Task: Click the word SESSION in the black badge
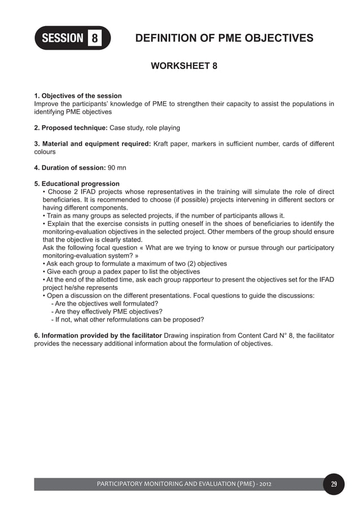(x=62, y=38)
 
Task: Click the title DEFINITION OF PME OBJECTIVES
(x=225, y=38)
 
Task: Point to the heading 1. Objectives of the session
(x=78, y=96)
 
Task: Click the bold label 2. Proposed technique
(x=71, y=128)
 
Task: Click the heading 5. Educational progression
(x=77, y=184)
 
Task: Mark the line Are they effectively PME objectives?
(x=107, y=311)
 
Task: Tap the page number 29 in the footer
(x=333, y=484)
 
